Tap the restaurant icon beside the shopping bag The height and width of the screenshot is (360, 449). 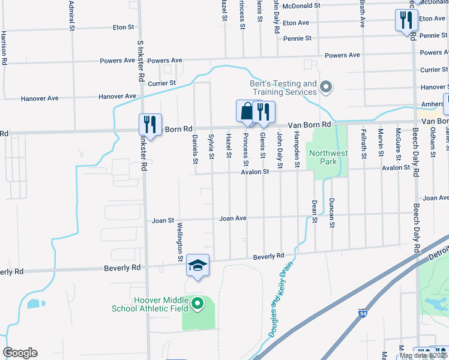264,111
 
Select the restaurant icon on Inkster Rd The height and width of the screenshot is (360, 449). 150,124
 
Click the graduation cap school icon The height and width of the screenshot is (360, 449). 197,265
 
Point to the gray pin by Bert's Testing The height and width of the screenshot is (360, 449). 326,88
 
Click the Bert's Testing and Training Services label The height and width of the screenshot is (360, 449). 283,88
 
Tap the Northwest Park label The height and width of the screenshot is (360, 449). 328,157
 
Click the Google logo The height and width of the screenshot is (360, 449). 20,353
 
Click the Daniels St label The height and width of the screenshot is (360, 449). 195,149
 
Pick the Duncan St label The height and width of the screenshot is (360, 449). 331,213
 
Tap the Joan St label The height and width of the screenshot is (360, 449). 163,221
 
